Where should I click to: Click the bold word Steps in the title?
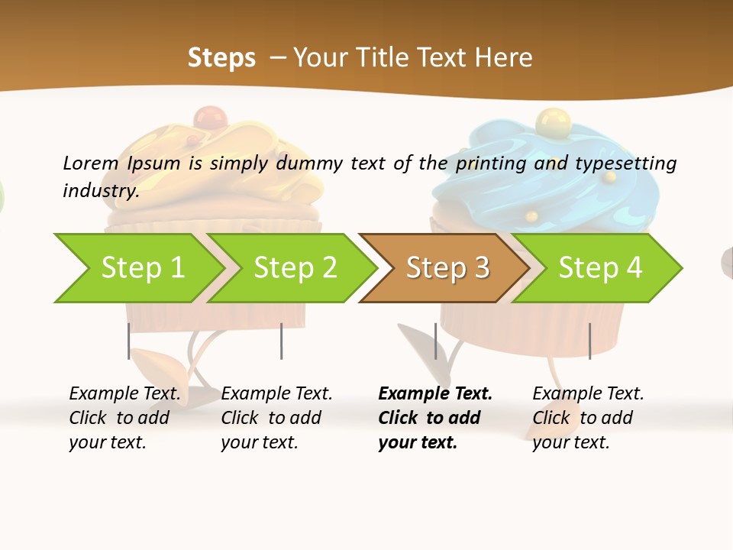(221, 58)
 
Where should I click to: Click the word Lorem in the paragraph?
(90, 163)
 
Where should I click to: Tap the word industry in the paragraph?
(100, 190)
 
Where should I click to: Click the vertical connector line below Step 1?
(128, 341)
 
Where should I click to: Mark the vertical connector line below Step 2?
(281, 341)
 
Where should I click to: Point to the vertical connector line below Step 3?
(435, 341)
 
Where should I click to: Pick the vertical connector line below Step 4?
(589, 341)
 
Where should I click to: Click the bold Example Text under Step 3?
(435, 394)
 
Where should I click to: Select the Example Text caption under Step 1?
(124, 394)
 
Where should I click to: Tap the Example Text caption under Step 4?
(588, 394)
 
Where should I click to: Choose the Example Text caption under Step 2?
(276, 394)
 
